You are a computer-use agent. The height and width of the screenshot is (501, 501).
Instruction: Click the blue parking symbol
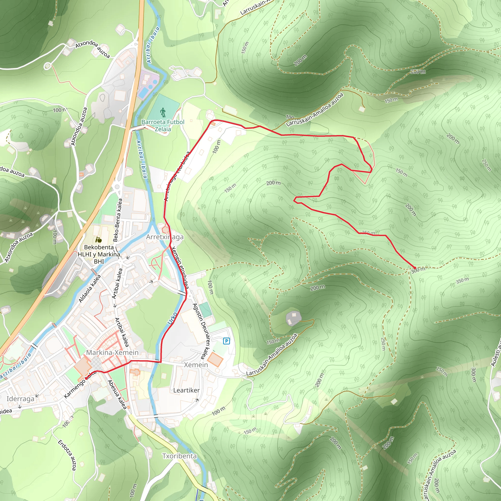(226, 341)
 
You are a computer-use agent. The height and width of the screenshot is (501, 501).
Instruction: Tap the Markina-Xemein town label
(112, 353)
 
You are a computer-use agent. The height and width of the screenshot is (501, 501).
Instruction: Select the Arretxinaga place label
(165, 237)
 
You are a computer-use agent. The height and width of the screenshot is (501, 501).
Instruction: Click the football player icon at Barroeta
(163, 113)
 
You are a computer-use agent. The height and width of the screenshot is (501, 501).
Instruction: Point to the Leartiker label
(186, 390)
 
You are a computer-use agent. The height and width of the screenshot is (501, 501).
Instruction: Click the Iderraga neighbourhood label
(21, 399)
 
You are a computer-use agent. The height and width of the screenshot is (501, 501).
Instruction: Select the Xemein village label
(196, 365)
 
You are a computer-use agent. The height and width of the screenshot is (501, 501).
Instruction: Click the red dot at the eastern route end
(415, 268)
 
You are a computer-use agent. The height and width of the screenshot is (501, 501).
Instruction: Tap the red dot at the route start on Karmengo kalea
(86, 379)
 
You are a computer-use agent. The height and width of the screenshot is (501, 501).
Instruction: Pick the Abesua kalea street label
(117, 395)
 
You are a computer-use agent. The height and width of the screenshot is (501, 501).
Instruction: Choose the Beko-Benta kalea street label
(117, 220)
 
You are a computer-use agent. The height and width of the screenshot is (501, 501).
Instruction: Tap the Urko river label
(172, 318)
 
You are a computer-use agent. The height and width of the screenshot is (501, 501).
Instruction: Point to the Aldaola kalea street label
(90, 289)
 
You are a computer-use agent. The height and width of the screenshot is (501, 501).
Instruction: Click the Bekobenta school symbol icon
(98, 240)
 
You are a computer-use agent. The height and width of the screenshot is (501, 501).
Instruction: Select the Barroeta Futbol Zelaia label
(163, 125)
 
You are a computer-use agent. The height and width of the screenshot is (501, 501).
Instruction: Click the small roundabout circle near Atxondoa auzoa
(47, 66)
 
